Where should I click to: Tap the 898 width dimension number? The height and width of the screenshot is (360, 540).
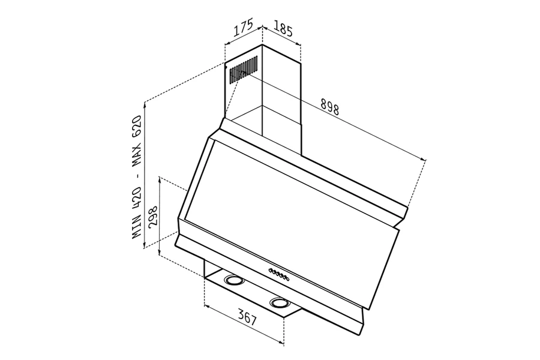[329, 106]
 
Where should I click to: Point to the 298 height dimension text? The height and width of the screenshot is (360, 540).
[152, 215]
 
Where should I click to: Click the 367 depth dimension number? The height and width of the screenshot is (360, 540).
[248, 317]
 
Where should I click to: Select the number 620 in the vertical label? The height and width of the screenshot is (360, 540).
[137, 126]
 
